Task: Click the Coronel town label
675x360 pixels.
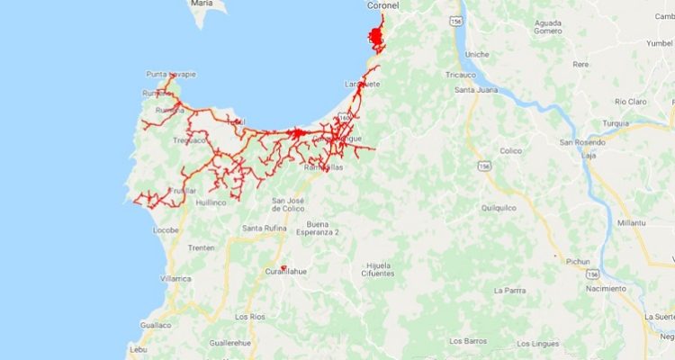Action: pyautogui.click(x=383, y=5)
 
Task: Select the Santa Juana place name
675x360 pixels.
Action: pyautogui.click(x=477, y=90)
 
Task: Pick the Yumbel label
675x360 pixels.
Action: pyautogui.click(x=658, y=42)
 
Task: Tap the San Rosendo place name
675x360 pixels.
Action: pyautogui.click(x=580, y=142)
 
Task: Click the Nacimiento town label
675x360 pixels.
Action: pyautogui.click(x=603, y=289)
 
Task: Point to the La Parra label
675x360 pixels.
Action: pyautogui.click(x=509, y=291)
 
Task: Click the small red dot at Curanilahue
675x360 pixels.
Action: pyautogui.click(x=283, y=267)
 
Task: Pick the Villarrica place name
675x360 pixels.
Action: pyautogui.click(x=176, y=279)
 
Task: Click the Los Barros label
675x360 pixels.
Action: pyautogui.click(x=468, y=341)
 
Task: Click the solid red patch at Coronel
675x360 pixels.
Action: pyautogui.click(x=375, y=37)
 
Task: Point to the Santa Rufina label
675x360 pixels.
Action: pyautogui.click(x=264, y=229)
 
